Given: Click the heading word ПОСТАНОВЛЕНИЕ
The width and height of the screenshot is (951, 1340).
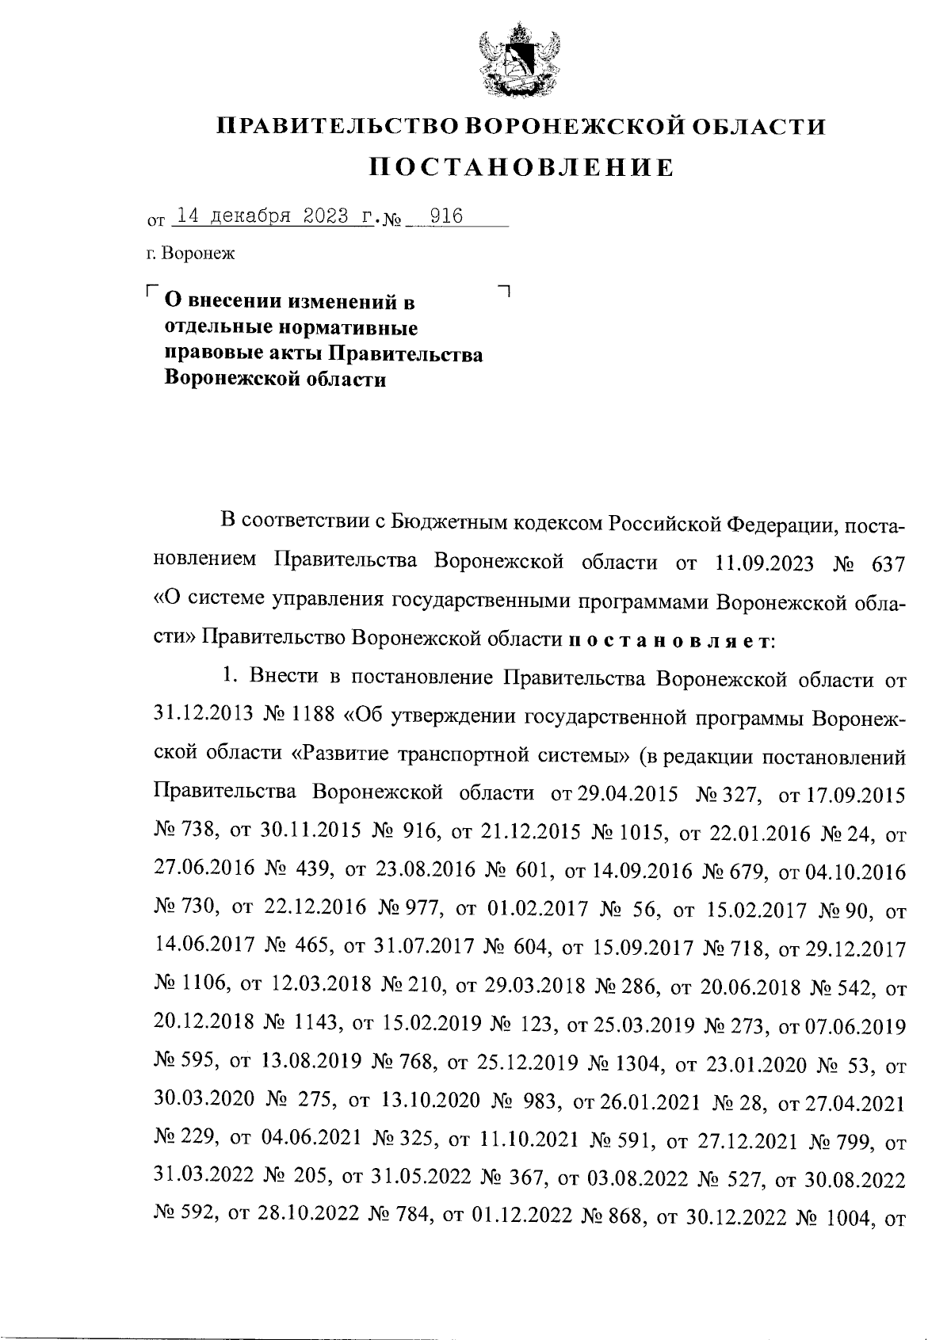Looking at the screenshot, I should click(x=521, y=168).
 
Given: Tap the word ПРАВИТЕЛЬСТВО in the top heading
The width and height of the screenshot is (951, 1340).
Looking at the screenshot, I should click(x=338, y=127).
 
